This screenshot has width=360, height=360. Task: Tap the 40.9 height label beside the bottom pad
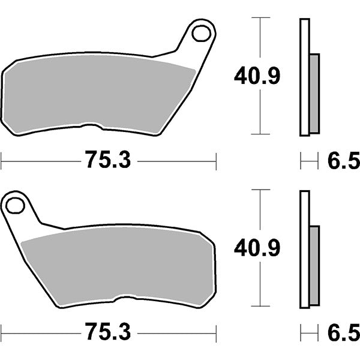tap(257, 247)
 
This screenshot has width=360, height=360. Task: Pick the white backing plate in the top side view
tap(304, 78)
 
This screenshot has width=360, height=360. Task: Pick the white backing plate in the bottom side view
tap(304, 249)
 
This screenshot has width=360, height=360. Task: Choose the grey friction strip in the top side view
tap(314, 93)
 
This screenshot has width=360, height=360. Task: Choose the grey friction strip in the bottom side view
tap(314, 264)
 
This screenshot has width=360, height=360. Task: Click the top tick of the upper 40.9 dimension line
tap(259, 18)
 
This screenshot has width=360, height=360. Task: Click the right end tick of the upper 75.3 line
tap(215, 160)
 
